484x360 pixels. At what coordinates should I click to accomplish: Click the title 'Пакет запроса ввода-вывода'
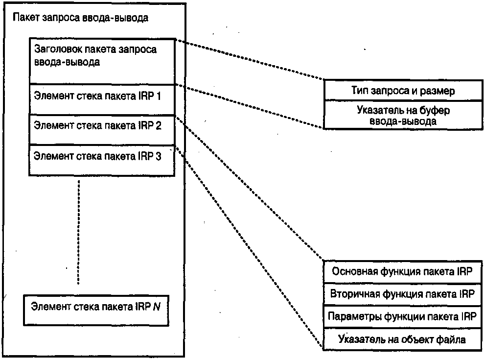(81, 18)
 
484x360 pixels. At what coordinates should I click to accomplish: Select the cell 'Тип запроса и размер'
(403, 91)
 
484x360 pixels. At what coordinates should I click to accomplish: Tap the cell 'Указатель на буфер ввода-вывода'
(403, 116)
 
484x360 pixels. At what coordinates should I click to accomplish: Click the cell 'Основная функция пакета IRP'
(402, 273)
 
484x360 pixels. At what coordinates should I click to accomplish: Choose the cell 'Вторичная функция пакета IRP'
(402, 295)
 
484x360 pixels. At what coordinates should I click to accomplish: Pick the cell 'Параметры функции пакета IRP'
(402, 316)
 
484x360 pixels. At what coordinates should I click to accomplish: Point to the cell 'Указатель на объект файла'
(402, 339)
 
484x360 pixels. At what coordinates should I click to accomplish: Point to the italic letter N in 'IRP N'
(156, 307)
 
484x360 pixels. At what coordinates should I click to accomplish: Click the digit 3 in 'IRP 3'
(158, 156)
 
